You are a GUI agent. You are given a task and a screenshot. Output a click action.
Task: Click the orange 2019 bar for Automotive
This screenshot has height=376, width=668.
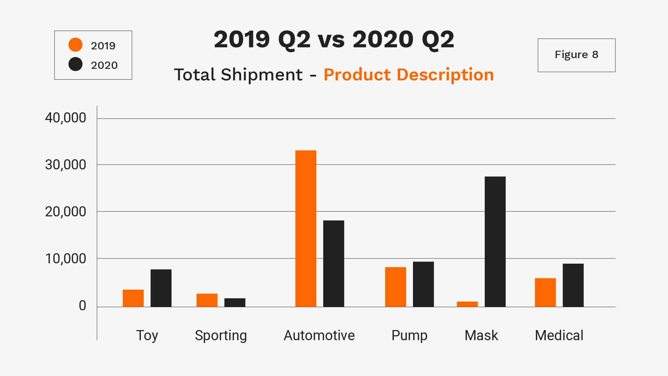[x=306, y=229]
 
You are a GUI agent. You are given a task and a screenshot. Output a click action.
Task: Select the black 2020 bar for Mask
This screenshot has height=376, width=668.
[x=495, y=242]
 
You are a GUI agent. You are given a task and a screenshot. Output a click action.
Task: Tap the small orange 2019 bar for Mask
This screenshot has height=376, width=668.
[x=467, y=304]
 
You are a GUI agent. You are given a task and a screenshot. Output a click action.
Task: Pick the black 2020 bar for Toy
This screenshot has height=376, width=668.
[x=161, y=288]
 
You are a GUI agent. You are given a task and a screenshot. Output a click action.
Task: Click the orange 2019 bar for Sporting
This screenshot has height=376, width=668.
[x=207, y=300]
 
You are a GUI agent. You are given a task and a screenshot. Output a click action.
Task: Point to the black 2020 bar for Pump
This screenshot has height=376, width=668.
[x=423, y=284]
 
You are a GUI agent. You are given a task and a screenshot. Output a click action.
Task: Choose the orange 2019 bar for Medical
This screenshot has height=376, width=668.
[x=545, y=293]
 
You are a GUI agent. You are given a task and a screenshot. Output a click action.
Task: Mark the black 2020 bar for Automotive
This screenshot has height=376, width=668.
[x=333, y=264]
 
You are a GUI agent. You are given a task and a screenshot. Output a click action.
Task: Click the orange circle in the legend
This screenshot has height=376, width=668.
[x=75, y=45]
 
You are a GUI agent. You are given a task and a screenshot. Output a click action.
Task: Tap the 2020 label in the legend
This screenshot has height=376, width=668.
[x=104, y=65]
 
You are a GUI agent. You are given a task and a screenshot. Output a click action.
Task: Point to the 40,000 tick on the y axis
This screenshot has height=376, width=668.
[x=65, y=118]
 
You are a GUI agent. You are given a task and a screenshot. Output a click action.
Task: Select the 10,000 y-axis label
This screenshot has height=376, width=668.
[x=65, y=259]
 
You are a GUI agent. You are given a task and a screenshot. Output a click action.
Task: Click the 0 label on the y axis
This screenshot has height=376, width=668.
[x=82, y=306]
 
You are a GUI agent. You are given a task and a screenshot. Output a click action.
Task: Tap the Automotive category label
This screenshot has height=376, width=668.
[x=319, y=335]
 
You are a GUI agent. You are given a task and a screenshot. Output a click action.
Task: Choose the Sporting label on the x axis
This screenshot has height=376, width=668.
[x=221, y=335]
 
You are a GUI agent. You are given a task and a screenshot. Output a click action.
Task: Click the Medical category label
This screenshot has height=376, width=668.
[x=559, y=335]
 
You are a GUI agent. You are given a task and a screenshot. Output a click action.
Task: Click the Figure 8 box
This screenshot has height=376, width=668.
[x=576, y=55]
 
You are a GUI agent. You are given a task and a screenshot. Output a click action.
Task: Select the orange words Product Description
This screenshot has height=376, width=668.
[x=408, y=74]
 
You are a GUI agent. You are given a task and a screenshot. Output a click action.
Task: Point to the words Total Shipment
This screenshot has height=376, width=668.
[x=238, y=74]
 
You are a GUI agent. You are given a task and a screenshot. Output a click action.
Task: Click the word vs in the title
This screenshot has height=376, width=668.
[x=331, y=39]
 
